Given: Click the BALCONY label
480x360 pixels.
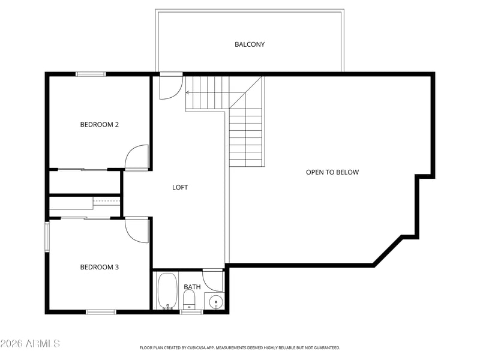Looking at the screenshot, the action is pos(250,44).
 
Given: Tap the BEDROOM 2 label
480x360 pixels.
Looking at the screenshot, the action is pos(99,125).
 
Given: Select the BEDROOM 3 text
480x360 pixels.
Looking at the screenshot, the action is pos(99,267).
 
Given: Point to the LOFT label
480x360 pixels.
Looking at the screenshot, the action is pos(180,187).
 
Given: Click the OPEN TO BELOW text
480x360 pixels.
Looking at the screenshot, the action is pos(332,172).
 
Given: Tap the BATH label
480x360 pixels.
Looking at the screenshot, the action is pos(192,287).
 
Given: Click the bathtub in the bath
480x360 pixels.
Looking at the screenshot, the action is pos(167,290).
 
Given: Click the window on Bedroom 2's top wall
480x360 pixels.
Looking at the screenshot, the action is pos(91,74).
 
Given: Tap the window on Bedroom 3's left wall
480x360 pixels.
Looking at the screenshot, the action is pos(47,236).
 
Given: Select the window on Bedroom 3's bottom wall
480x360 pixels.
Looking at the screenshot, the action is pos(101,312).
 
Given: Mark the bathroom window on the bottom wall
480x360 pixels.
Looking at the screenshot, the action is pos(191,312).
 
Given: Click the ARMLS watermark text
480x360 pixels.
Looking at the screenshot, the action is pos(30,343).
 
